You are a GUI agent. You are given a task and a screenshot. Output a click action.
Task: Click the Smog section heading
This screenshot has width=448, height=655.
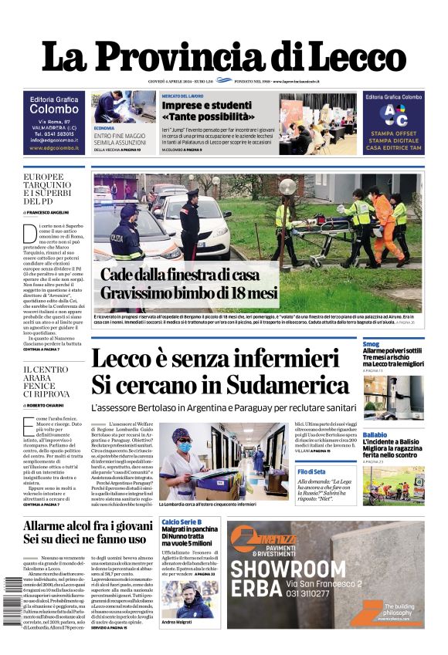point(371,344)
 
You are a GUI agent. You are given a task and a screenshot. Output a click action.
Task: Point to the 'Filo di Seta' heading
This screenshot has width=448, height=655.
point(311,471)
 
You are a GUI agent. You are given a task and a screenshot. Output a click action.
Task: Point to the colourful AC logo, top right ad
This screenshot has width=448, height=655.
point(394,114)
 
